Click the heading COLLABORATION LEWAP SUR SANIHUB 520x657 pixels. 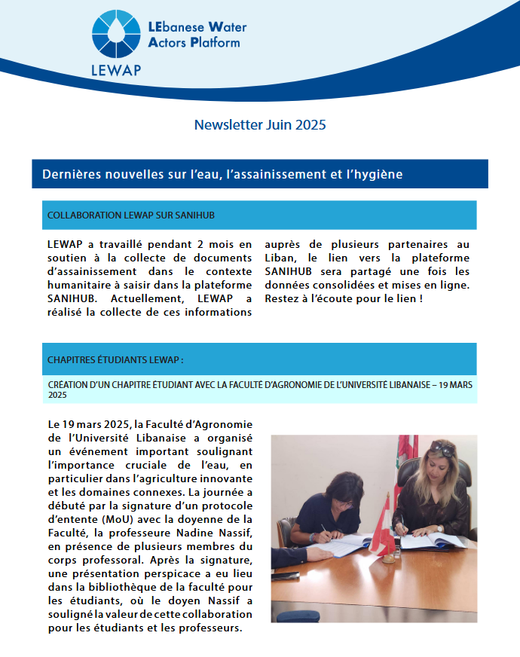[131, 215]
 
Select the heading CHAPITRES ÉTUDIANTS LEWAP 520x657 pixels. [114, 359]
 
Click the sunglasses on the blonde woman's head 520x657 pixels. [442, 449]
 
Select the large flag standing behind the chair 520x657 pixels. [406, 451]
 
